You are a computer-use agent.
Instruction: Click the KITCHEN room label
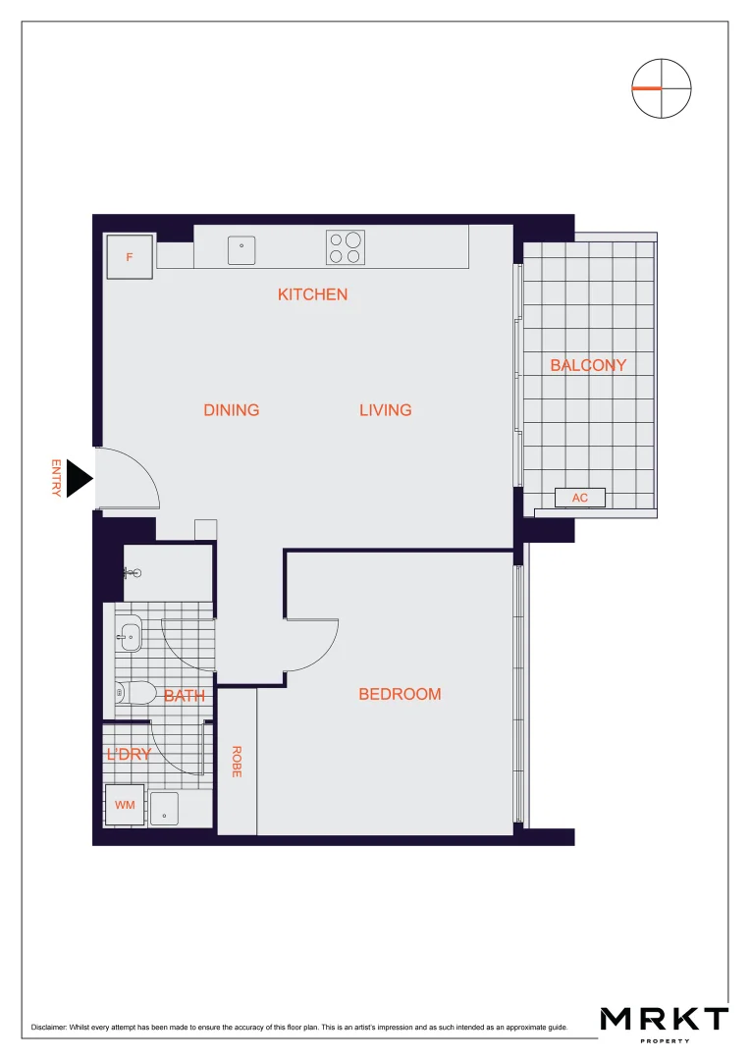point(312,294)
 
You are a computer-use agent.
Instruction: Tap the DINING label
point(232,410)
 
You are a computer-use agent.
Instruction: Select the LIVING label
point(385,410)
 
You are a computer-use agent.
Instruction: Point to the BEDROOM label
point(400,694)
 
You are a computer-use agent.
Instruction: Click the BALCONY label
point(588,365)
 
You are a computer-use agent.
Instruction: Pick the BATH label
point(185,696)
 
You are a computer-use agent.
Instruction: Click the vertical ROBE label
point(237,763)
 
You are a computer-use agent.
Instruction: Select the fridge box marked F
point(130,257)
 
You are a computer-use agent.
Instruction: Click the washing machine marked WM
point(125,805)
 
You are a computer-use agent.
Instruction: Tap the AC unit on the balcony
point(580,498)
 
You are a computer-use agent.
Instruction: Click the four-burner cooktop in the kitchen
point(345,247)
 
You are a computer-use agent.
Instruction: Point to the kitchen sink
point(241,249)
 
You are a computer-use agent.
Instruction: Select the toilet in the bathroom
point(134,693)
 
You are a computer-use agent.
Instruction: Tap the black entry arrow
point(79,479)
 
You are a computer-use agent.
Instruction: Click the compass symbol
point(662,88)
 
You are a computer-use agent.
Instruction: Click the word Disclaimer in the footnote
point(51,1028)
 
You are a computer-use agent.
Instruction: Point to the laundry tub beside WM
point(164,808)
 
